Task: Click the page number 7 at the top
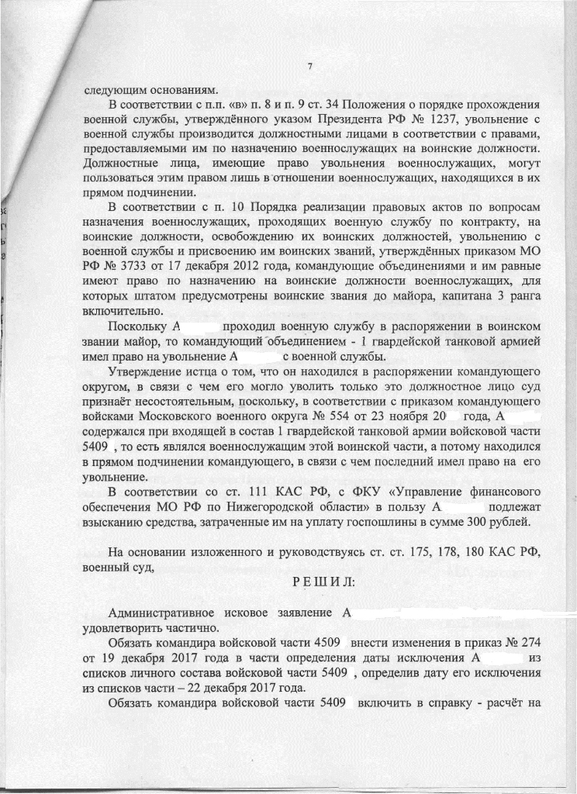click(x=309, y=67)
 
